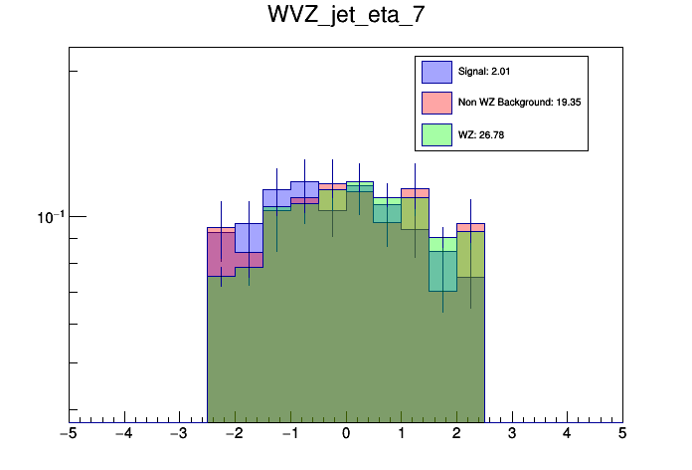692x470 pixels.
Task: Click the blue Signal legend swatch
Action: (x=437, y=72)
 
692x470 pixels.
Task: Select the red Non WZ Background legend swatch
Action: (x=437, y=103)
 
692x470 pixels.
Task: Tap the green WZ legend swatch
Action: (x=437, y=133)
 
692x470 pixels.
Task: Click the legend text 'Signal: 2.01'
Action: (x=484, y=72)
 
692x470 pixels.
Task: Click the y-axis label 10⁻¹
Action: (x=49, y=217)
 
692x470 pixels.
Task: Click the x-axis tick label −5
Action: (x=68, y=435)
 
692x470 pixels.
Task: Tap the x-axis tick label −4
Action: (x=123, y=435)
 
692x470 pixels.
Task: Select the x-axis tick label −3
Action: (x=178, y=435)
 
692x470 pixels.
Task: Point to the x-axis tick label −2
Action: (x=234, y=435)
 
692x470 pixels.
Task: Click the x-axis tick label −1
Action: (x=289, y=435)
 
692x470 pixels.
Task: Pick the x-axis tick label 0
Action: (x=346, y=435)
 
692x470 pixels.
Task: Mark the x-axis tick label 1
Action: (x=402, y=435)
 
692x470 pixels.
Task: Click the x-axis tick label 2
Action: (x=457, y=435)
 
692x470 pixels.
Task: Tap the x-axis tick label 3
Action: (x=512, y=435)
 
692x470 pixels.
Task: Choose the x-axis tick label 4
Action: (x=568, y=435)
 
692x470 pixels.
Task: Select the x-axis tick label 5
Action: (x=622, y=435)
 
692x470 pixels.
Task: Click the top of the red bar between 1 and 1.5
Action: (x=415, y=188)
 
